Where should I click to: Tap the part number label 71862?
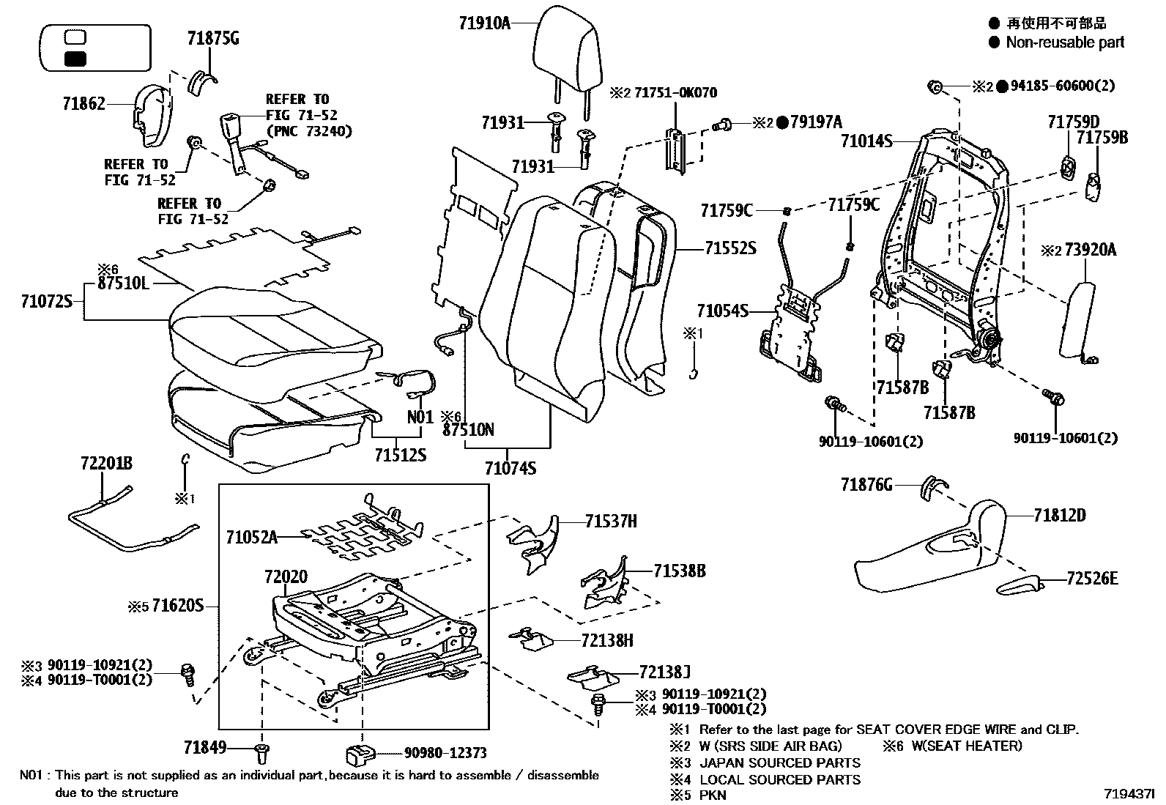pos(83,104)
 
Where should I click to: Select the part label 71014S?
pos(866,141)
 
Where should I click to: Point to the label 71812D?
pos(1060,516)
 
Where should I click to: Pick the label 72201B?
pos(106,463)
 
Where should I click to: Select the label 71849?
pos(204,748)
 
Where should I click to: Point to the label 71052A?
pos(251,538)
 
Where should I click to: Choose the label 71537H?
pos(611,521)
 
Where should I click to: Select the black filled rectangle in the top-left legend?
pos(75,59)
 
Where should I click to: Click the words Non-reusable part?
pos(1065,42)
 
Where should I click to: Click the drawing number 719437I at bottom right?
pos(1129,793)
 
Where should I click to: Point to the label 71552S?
pos(730,248)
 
